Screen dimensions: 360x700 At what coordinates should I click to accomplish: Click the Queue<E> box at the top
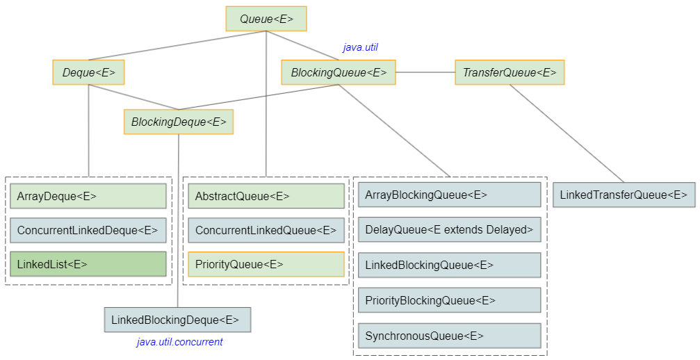pyautogui.click(x=266, y=19)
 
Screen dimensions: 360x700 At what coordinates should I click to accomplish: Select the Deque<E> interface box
pyautogui.click(x=88, y=72)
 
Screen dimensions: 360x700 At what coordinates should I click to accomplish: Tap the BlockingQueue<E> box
pyautogui.click(x=339, y=72)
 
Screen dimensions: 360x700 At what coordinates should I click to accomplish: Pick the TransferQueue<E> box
pyautogui.click(x=509, y=72)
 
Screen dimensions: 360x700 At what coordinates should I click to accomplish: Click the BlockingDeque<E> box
pyautogui.click(x=179, y=122)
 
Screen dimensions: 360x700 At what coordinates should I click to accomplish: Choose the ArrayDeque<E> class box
pyautogui.click(x=88, y=196)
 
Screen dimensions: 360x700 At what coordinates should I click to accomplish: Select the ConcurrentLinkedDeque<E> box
pyautogui.click(x=88, y=230)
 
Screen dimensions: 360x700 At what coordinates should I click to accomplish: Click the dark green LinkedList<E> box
pyautogui.click(x=88, y=264)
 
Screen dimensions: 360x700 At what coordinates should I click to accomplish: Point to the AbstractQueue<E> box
pyautogui.click(x=266, y=196)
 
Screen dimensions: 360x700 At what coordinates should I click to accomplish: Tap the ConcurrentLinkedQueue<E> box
pyautogui.click(x=266, y=230)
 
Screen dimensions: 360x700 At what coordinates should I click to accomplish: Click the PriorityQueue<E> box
pyautogui.click(x=266, y=264)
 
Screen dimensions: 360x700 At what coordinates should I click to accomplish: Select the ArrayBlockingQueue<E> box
pyautogui.click(x=448, y=195)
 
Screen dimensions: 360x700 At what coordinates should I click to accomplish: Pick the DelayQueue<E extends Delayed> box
pyautogui.click(x=448, y=229)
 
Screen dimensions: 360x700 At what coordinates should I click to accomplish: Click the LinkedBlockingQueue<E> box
pyautogui.click(x=448, y=265)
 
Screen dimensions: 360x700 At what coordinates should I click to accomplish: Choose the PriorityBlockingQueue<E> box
pyautogui.click(x=448, y=300)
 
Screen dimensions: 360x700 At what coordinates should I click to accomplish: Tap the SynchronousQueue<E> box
pyautogui.click(x=448, y=336)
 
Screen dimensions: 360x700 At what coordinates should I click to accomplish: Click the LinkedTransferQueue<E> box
pyautogui.click(x=624, y=195)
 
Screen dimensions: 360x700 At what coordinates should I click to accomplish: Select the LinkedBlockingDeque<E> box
pyautogui.click(x=177, y=320)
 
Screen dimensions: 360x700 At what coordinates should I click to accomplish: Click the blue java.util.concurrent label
pyautogui.click(x=180, y=342)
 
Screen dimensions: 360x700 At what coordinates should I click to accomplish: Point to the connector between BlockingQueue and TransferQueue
pyautogui.click(x=425, y=72)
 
